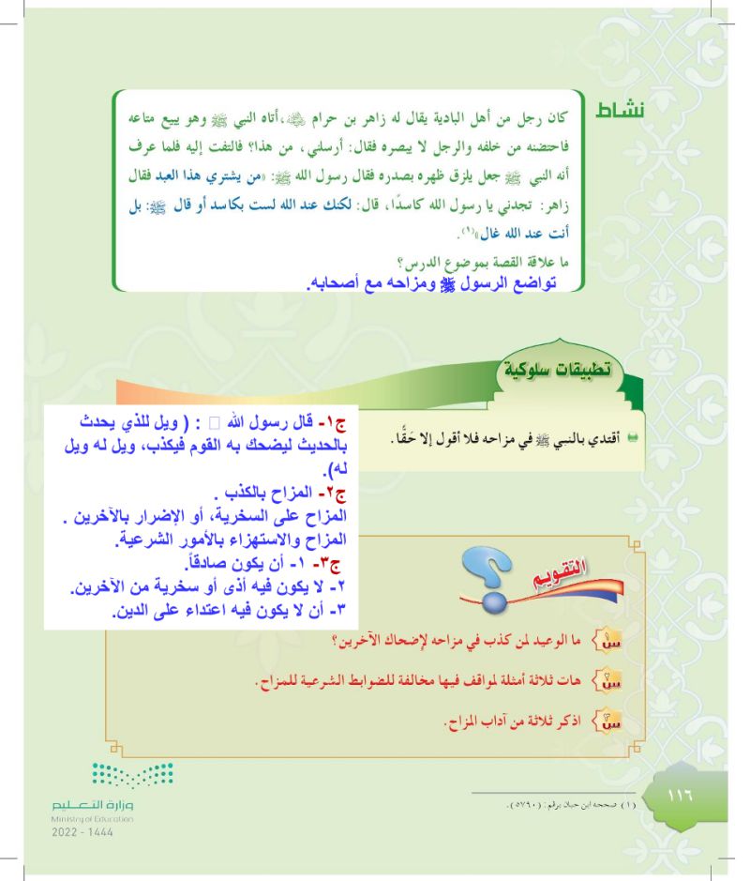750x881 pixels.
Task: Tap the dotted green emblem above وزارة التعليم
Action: point(131,774)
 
